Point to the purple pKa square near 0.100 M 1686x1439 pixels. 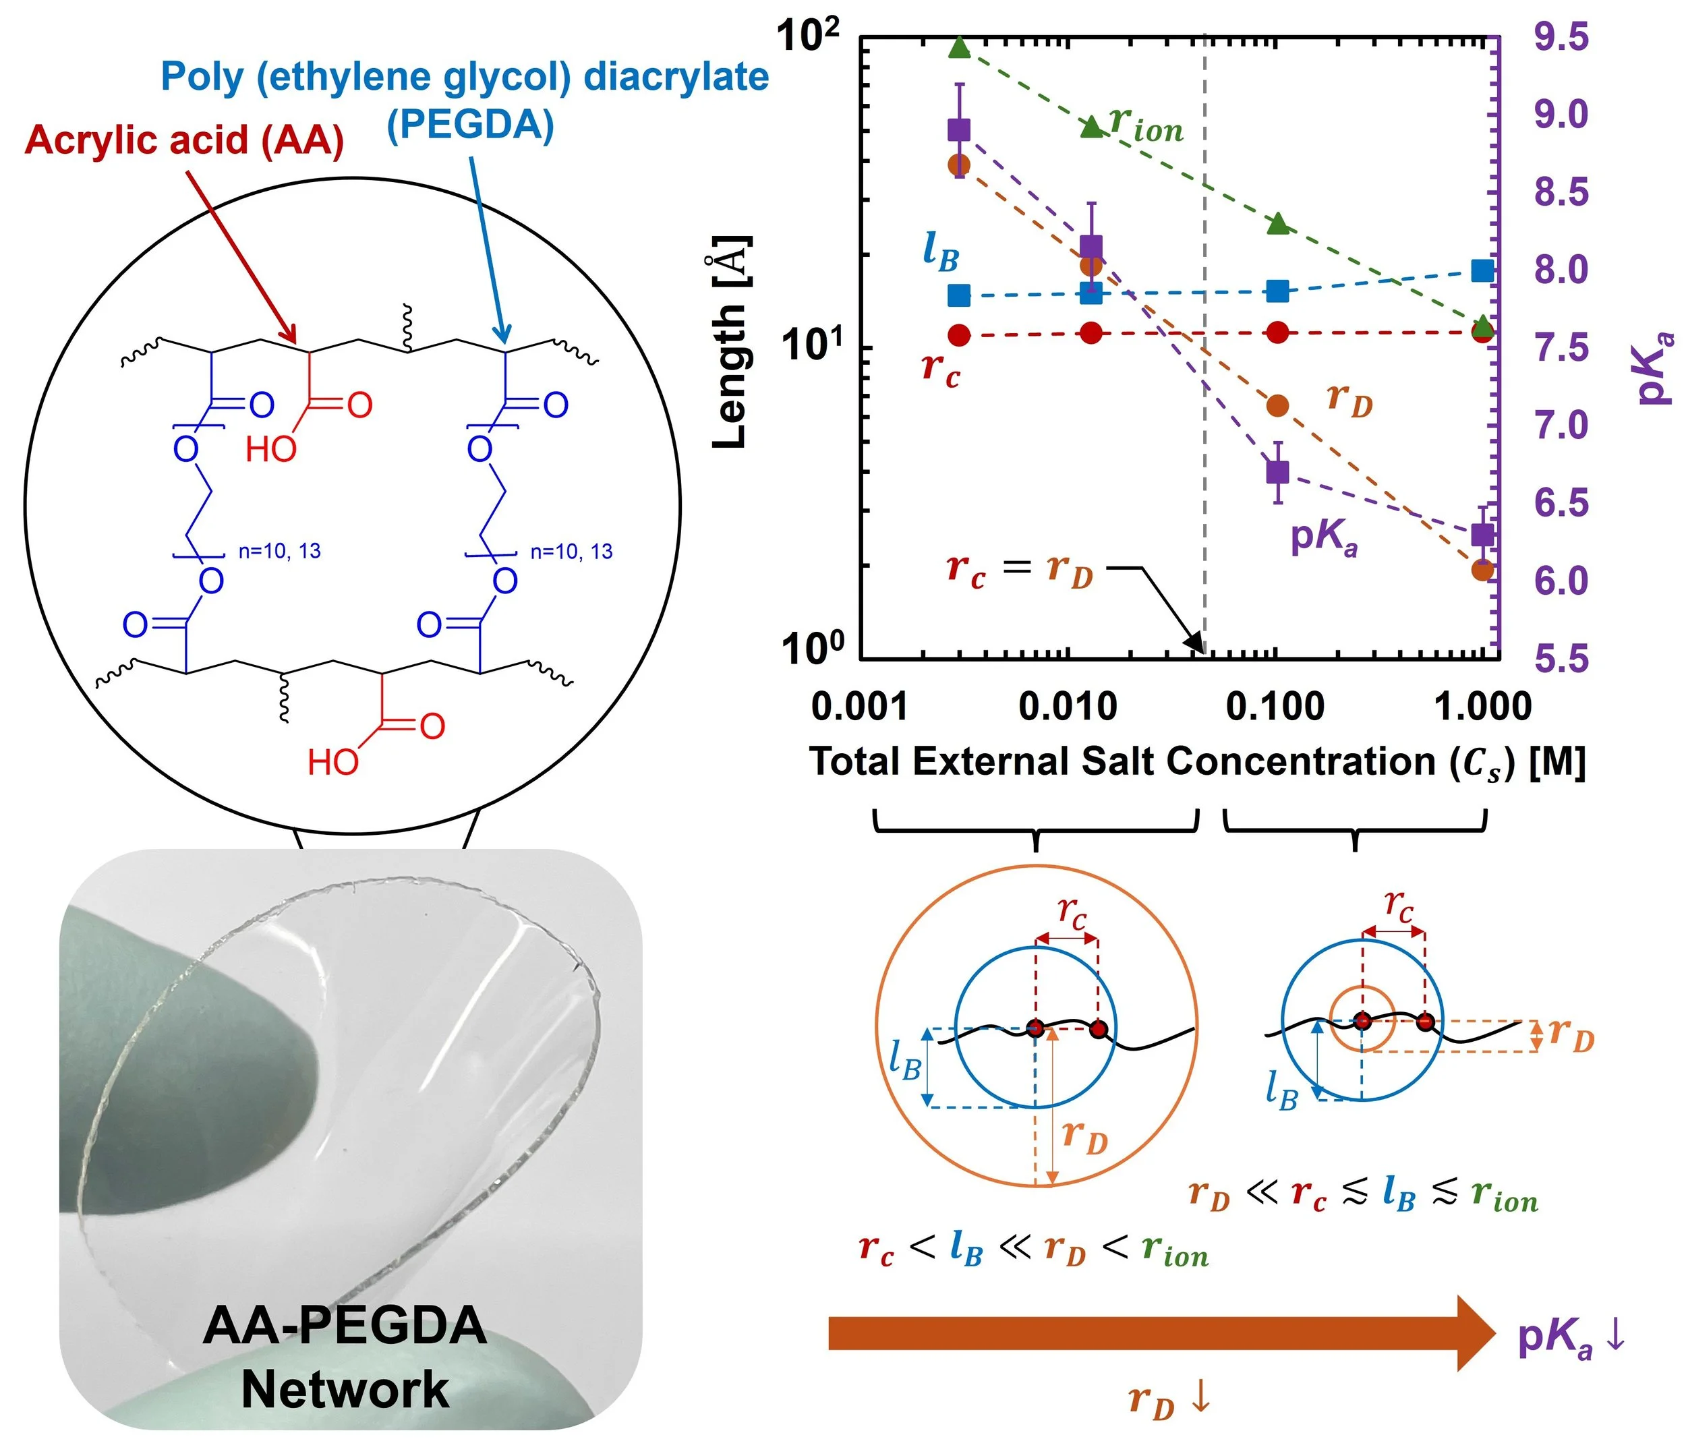tap(1279, 472)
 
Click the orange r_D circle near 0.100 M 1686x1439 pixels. tap(1279, 405)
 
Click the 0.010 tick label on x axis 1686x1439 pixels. tap(1068, 706)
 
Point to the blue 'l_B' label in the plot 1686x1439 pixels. tap(941, 252)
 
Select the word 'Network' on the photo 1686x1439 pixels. tap(345, 1390)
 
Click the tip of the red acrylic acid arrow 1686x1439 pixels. tap(296, 343)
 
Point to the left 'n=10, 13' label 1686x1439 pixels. tap(280, 552)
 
